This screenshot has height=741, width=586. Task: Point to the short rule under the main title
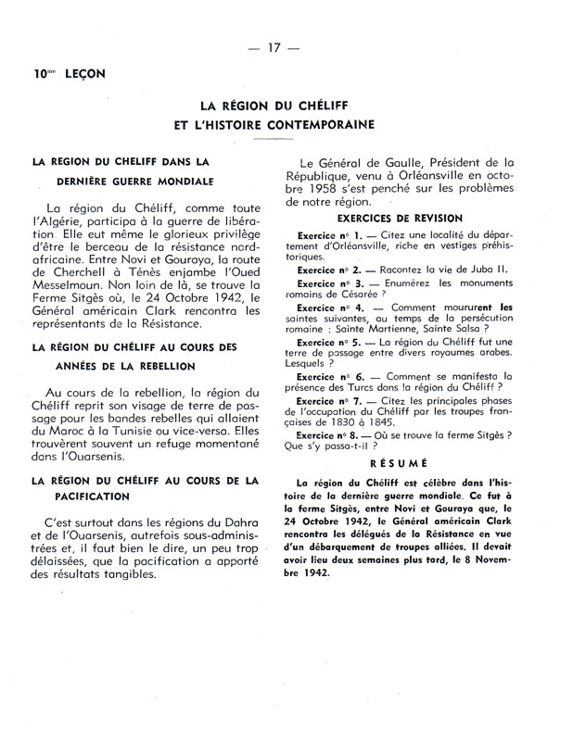point(292,138)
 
